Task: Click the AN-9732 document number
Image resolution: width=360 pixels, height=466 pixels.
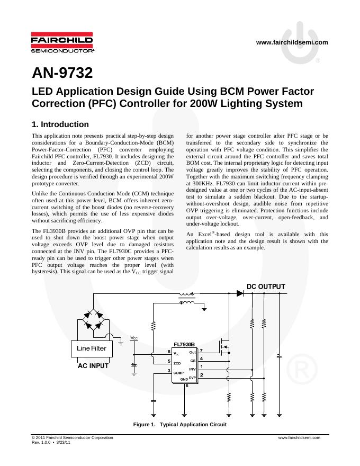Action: [x=62, y=73]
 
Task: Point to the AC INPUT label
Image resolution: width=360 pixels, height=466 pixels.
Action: [x=93, y=365]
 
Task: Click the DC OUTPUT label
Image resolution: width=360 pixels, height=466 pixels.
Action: [x=266, y=286]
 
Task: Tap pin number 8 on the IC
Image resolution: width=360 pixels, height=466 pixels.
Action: [x=169, y=352]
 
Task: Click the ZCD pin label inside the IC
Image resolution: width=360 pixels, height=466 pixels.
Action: [x=177, y=363]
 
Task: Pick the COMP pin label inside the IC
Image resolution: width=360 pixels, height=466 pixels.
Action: [x=178, y=373]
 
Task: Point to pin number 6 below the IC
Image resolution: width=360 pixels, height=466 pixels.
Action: [x=186, y=386]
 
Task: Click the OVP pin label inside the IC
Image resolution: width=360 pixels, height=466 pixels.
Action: [x=193, y=377]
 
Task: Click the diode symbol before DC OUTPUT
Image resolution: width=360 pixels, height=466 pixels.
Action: [x=240, y=293]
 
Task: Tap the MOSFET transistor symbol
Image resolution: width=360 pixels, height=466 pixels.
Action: [x=225, y=347]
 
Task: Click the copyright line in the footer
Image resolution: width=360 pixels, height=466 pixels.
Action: [x=73, y=438]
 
